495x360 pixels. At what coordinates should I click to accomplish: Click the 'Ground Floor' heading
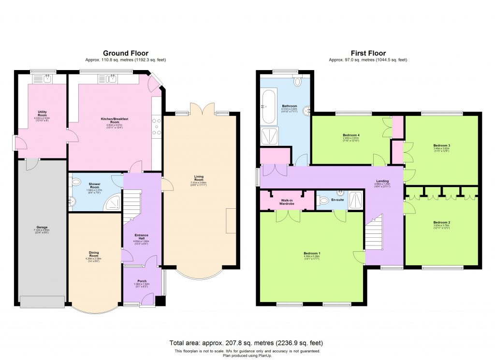pos(125,53)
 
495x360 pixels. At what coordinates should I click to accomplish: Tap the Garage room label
pos(42,227)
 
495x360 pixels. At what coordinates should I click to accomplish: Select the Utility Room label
pos(42,114)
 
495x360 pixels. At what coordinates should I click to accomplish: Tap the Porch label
pos(142,281)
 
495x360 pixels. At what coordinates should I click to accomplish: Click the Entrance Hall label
pos(142,236)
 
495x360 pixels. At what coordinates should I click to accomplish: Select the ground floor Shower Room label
pos(94,185)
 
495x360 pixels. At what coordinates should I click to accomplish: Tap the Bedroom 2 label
pos(441,223)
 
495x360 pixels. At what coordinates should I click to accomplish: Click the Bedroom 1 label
pos(312,254)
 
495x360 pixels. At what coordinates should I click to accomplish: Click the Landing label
pos(382,182)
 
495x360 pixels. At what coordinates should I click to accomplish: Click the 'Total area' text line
pos(247,343)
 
